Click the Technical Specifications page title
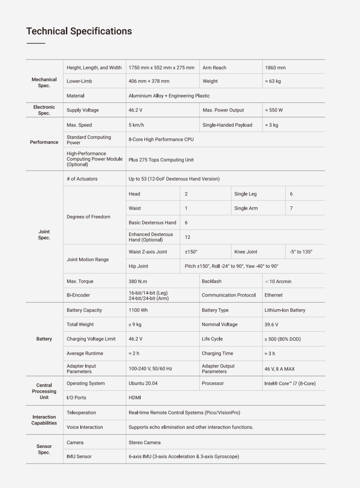(x=79, y=31)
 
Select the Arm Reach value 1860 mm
(x=275, y=68)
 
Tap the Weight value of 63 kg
(x=273, y=81)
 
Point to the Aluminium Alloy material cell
(x=169, y=96)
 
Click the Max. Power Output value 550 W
(x=274, y=110)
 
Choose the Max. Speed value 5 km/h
(x=137, y=125)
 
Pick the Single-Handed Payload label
(x=227, y=125)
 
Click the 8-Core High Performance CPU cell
(x=161, y=140)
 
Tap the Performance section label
(x=44, y=142)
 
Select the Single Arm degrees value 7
(x=291, y=208)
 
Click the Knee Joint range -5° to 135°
(x=301, y=252)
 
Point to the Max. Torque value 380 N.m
(x=138, y=281)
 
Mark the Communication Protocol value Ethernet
(x=274, y=295)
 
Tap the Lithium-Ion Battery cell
(x=285, y=310)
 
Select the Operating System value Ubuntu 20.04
(x=143, y=383)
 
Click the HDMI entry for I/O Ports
(x=134, y=397)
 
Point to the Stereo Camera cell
(x=144, y=442)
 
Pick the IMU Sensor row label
(x=79, y=456)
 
